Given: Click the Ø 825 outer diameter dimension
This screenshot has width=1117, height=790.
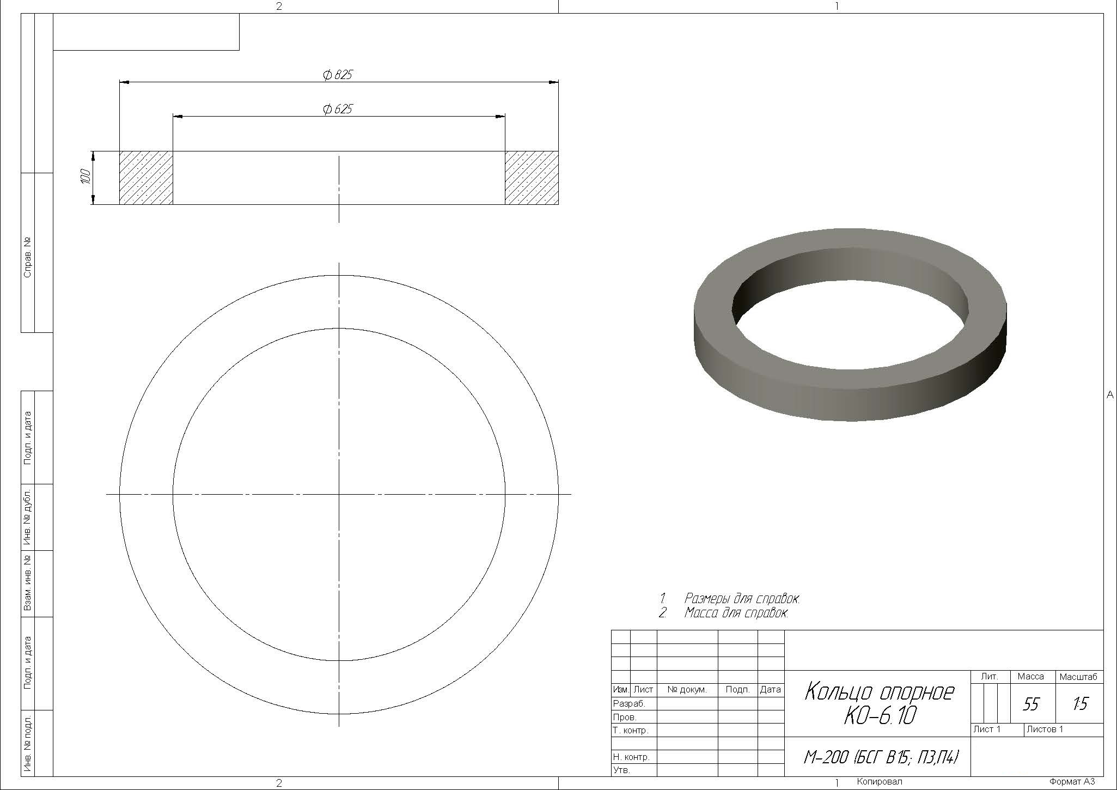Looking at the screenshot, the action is pyautogui.click(x=338, y=75).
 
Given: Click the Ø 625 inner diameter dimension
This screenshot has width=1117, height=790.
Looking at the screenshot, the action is pyautogui.click(x=338, y=109).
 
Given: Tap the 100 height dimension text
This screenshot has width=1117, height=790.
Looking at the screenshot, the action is pyautogui.click(x=85, y=176).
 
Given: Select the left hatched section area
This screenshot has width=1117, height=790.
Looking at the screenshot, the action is pyautogui.click(x=146, y=178).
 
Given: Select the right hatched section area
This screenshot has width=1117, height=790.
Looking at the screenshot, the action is pyautogui.click(x=532, y=178).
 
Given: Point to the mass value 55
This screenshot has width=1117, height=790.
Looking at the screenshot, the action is pyautogui.click(x=1031, y=704).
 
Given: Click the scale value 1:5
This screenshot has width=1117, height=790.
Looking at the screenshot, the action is pyautogui.click(x=1080, y=704).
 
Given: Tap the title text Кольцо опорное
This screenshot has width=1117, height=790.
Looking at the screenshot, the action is pyautogui.click(x=879, y=692).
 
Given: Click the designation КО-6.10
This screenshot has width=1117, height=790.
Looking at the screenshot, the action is pyautogui.click(x=880, y=715).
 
